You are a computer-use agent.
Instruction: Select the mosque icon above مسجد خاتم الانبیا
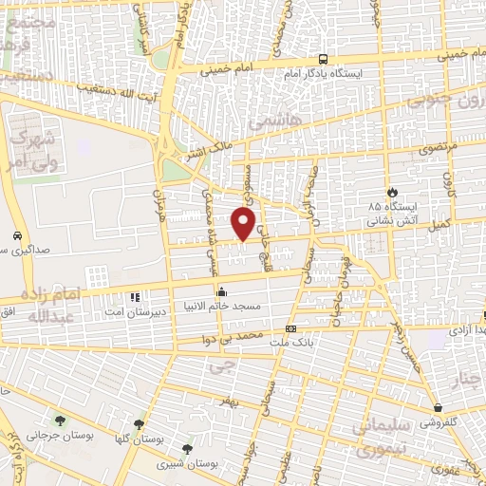tap(221, 291)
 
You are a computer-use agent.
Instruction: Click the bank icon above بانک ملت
tap(290, 328)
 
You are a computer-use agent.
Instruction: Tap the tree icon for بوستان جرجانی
tap(62, 421)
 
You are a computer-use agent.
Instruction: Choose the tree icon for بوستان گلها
tap(139, 424)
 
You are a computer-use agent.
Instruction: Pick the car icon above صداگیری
tap(18, 235)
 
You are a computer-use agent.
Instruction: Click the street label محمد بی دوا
tap(236, 337)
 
